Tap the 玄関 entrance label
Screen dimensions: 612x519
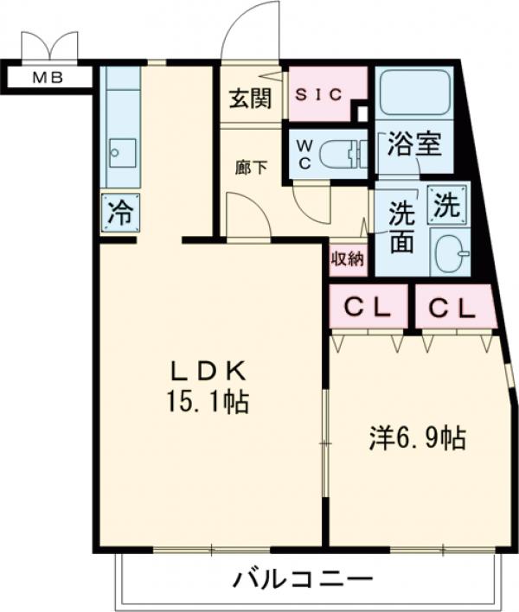tap(250, 98)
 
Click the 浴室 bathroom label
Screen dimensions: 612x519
tap(414, 143)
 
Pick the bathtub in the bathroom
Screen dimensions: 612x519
tap(414, 97)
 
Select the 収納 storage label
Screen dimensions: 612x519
tap(348, 258)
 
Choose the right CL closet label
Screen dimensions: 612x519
tap(453, 307)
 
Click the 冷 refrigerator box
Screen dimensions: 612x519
tap(119, 213)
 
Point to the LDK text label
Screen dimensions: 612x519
tap(208, 372)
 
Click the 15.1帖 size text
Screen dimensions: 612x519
tap(208, 400)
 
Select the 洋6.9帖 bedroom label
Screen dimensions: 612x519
tap(419, 439)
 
